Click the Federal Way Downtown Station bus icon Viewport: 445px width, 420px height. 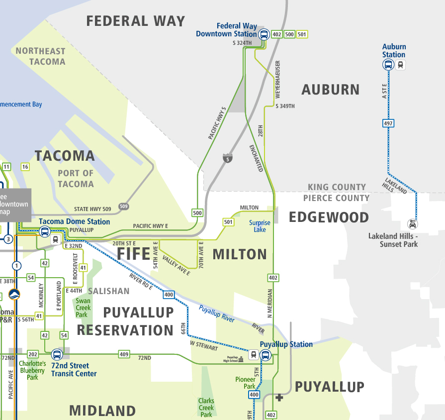pyautogui.click(x=264, y=34)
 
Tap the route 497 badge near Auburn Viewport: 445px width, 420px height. pyautogui.click(x=388, y=123)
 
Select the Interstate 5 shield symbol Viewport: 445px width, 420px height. pyautogui.click(x=227, y=158)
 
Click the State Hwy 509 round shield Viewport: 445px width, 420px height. pyautogui.click(x=122, y=207)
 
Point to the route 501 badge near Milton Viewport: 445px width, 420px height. pyautogui.click(x=228, y=222)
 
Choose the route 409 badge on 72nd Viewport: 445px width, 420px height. pyautogui.click(x=124, y=355)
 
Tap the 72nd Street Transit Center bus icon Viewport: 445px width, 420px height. pyautogui.click(x=57, y=355)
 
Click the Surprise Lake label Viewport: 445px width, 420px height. pyautogui.click(x=260, y=226)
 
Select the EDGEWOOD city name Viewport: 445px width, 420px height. pyautogui.click(x=329, y=217)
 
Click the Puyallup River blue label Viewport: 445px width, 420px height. pyautogui.click(x=216, y=315)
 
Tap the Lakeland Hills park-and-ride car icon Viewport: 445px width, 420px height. pyautogui.click(x=412, y=223)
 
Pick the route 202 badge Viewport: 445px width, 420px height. pyautogui.click(x=33, y=355)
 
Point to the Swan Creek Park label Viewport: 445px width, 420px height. pyautogui.click(x=83, y=308)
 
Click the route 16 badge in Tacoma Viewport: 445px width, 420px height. pyautogui.click(x=25, y=167)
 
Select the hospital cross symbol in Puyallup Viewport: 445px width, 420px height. pyautogui.click(x=279, y=397)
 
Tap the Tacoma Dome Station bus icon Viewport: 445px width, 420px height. pyautogui.click(x=44, y=231)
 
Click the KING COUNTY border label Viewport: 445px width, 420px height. pyautogui.click(x=337, y=187)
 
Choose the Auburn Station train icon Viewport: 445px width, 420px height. pyautogui.click(x=401, y=65)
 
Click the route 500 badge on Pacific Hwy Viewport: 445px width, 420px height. pyautogui.click(x=197, y=213)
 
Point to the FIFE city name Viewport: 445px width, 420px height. pyautogui.click(x=134, y=254)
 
